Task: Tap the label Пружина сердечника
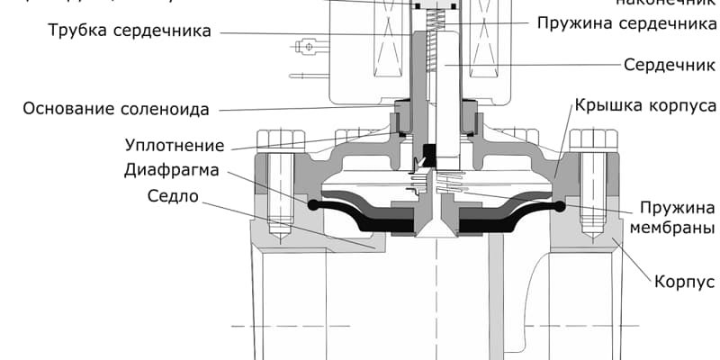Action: click(x=626, y=22)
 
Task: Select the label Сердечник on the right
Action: click(x=670, y=65)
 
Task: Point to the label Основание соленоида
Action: click(x=115, y=110)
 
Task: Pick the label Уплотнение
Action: click(x=175, y=145)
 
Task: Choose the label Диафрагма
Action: click(x=175, y=170)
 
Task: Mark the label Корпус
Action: click(x=685, y=283)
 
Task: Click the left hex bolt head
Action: click(x=276, y=140)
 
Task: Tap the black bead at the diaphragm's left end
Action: click(x=312, y=206)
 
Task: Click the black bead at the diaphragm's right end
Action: click(x=559, y=207)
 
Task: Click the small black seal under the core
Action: click(x=429, y=155)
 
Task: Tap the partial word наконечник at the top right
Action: click(x=665, y=3)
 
